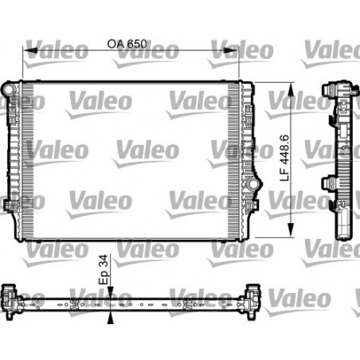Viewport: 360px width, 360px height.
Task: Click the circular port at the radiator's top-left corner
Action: [x=10, y=88]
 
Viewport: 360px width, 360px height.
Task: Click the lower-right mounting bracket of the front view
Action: [x=254, y=205]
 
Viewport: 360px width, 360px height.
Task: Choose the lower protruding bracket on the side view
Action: [x=327, y=183]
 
